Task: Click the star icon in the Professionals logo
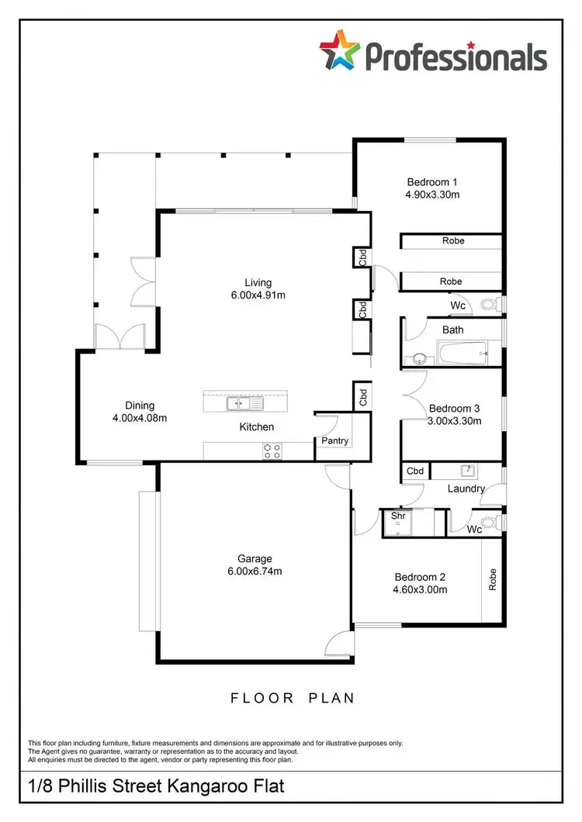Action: pos(339,51)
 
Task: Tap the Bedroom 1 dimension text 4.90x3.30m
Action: pos(432,195)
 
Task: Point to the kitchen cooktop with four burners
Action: pos(272,451)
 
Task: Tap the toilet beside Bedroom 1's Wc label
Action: pos(490,305)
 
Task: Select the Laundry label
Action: pos(466,489)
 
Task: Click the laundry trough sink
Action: pos(467,470)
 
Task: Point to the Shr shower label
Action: pos(399,515)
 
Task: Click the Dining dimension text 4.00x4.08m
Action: pos(140,418)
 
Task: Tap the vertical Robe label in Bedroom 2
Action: pos(492,580)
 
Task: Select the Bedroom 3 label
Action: pos(455,408)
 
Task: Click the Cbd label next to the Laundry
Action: pos(416,471)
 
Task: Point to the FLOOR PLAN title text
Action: pos(293,698)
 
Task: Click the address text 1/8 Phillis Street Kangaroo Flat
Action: pos(155,786)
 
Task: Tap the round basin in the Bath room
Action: pos(419,359)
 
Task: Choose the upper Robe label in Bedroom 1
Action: pos(453,241)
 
